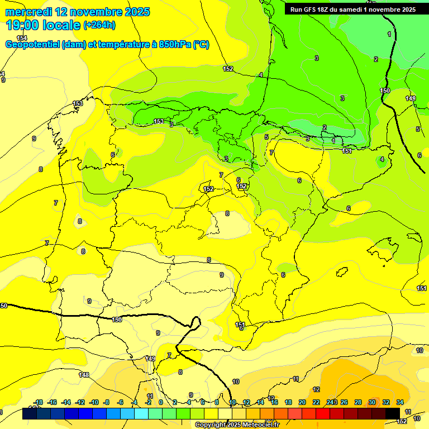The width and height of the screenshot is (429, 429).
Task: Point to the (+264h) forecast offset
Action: pyautogui.click(x=99, y=25)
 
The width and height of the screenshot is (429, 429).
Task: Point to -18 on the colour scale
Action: pyautogui.click(x=38, y=402)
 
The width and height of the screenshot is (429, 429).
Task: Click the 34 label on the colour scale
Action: pyautogui.click(x=400, y=402)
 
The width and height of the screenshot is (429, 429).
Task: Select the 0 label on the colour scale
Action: pyautogui.click(x=161, y=402)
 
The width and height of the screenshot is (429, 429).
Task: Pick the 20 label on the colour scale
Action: pyautogui.click(x=302, y=402)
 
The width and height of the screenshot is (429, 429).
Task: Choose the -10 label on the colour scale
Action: pyautogui.click(x=94, y=402)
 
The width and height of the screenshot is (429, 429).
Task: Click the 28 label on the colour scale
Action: pyautogui.click(x=358, y=402)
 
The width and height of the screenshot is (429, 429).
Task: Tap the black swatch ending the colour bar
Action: pyautogui.click(x=392, y=413)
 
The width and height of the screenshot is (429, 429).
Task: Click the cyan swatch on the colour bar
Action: pyautogui.click(x=141, y=413)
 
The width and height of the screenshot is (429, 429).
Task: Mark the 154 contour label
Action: pyautogui.click(x=22, y=38)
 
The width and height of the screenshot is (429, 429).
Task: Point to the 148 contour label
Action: pyautogui.click(x=84, y=375)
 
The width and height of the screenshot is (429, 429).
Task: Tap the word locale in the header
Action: pyautogui.click(x=64, y=25)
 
